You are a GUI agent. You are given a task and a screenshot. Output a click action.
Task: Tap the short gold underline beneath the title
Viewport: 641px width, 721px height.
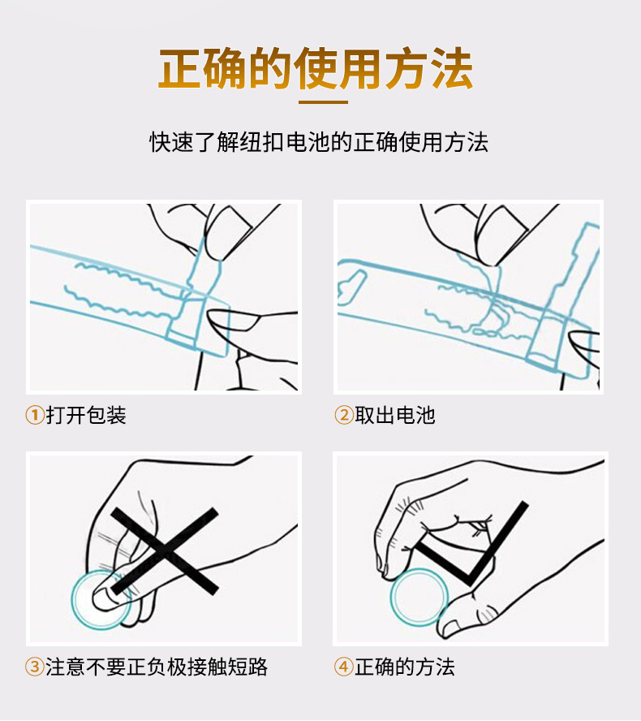[323, 101]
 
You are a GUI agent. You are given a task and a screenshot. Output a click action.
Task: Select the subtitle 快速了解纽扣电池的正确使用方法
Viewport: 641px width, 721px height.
[318, 141]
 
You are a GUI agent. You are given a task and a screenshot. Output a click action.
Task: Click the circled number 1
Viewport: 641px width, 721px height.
[35, 415]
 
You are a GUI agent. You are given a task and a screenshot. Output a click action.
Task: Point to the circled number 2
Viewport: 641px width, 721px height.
[344, 415]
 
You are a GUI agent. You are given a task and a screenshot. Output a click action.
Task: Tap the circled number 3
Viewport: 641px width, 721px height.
[35, 667]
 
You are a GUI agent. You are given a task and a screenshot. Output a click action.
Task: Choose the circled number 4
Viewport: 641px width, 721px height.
[344, 667]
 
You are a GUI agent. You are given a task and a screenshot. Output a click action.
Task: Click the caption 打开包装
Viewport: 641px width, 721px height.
[86, 415]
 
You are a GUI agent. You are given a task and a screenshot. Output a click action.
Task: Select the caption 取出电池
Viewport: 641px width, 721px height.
[394, 415]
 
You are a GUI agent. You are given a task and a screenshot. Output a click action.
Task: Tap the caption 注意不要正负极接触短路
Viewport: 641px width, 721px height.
[157, 667]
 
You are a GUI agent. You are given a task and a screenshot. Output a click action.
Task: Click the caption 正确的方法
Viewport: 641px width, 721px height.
[405, 667]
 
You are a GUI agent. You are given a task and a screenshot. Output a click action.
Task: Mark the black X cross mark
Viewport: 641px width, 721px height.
[165, 550]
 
